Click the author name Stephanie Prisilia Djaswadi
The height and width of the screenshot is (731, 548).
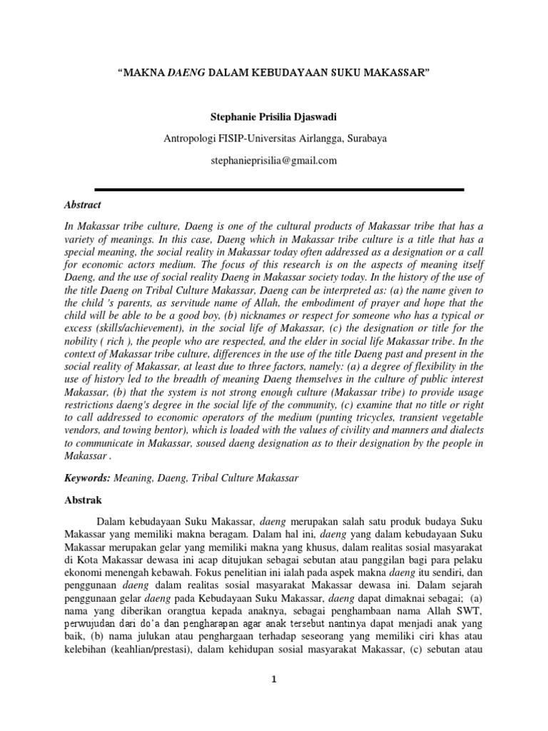point(273,115)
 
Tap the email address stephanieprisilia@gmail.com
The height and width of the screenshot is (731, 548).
point(273,161)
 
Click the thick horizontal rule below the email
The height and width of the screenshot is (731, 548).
point(274,189)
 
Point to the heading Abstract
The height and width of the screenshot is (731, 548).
point(82,204)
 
